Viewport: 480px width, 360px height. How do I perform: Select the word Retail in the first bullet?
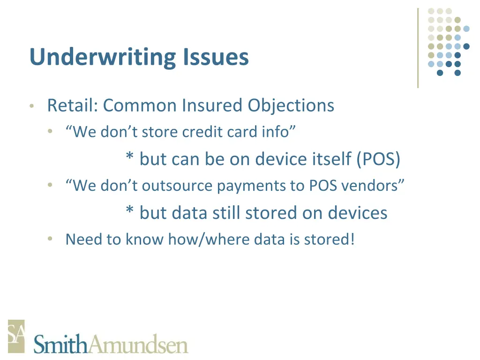72,105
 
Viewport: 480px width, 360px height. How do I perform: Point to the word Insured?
212,105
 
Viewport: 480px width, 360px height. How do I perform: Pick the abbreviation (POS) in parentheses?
378,159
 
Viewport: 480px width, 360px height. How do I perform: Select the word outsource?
178,186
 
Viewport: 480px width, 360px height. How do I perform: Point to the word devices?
358,213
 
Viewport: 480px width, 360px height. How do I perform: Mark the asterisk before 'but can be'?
129,157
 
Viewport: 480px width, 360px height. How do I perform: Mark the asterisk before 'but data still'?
129,211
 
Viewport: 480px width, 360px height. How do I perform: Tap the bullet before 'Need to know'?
50,240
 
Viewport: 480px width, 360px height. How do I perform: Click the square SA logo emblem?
16,336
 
